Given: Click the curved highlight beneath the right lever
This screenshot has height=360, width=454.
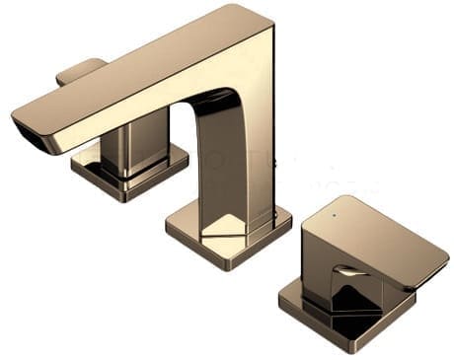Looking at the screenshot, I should coord(351,269).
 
